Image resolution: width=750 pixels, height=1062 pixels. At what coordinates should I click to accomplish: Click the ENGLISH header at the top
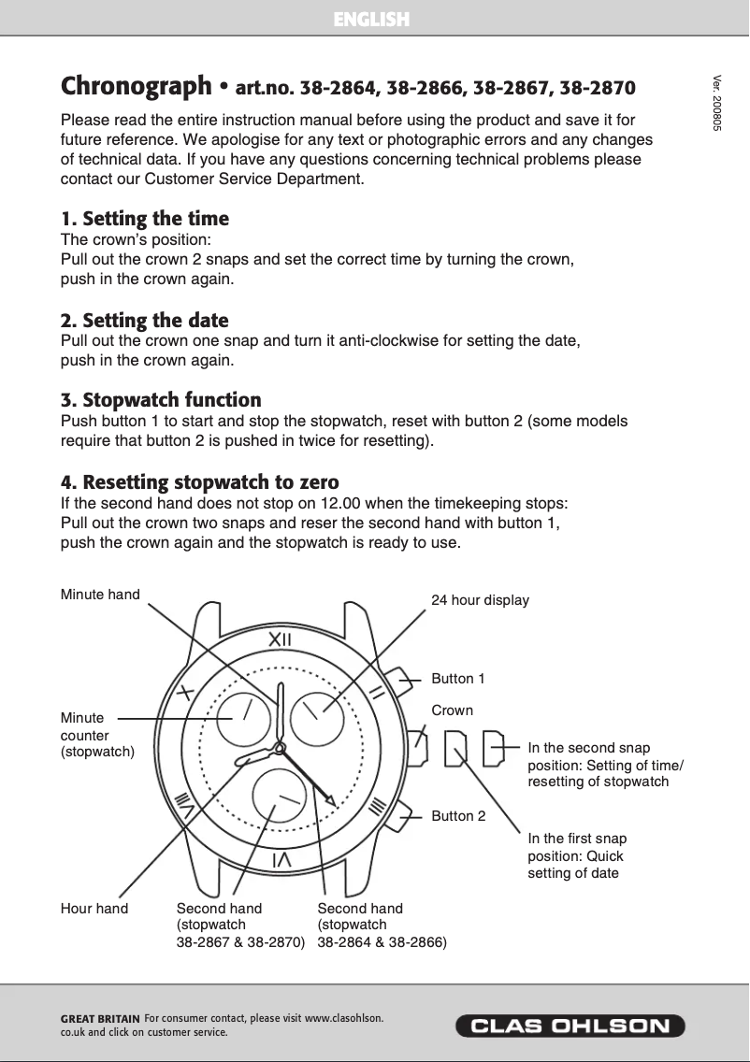click(x=372, y=20)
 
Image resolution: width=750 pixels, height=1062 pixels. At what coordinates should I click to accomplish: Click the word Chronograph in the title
click(x=137, y=87)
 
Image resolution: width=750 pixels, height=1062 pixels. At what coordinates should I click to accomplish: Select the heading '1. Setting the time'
click(x=145, y=219)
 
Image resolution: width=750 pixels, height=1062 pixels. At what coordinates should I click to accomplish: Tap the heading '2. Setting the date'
click(x=145, y=321)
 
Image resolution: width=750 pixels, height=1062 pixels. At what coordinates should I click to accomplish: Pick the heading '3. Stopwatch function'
click(x=161, y=401)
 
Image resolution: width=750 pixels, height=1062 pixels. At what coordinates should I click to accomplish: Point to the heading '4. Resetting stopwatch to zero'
click(x=199, y=482)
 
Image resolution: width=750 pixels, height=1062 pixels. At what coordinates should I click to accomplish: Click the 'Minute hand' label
click(x=100, y=595)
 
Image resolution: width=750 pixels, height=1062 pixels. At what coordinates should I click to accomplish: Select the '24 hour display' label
click(x=480, y=600)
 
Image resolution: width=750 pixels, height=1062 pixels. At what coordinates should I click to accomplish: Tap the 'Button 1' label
click(x=458, y=678)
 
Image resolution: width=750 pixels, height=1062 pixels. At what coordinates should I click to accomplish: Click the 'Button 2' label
click(x=458, y=816)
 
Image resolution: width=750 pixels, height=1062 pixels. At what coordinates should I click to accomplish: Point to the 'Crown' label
click(x=453, y=710)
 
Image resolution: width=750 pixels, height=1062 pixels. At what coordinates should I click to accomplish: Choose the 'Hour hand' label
click(x=94, y=909)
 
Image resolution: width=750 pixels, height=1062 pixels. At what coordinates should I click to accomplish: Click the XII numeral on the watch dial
click(x=280, y=639)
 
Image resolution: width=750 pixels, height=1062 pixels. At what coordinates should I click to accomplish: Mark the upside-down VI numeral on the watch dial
click(x=280, y=859)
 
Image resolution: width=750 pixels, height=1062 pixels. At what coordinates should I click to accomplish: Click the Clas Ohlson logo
click(x=570, y=1026)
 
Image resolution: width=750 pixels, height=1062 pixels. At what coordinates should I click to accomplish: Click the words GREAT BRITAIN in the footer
click(x=100, y=1019)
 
